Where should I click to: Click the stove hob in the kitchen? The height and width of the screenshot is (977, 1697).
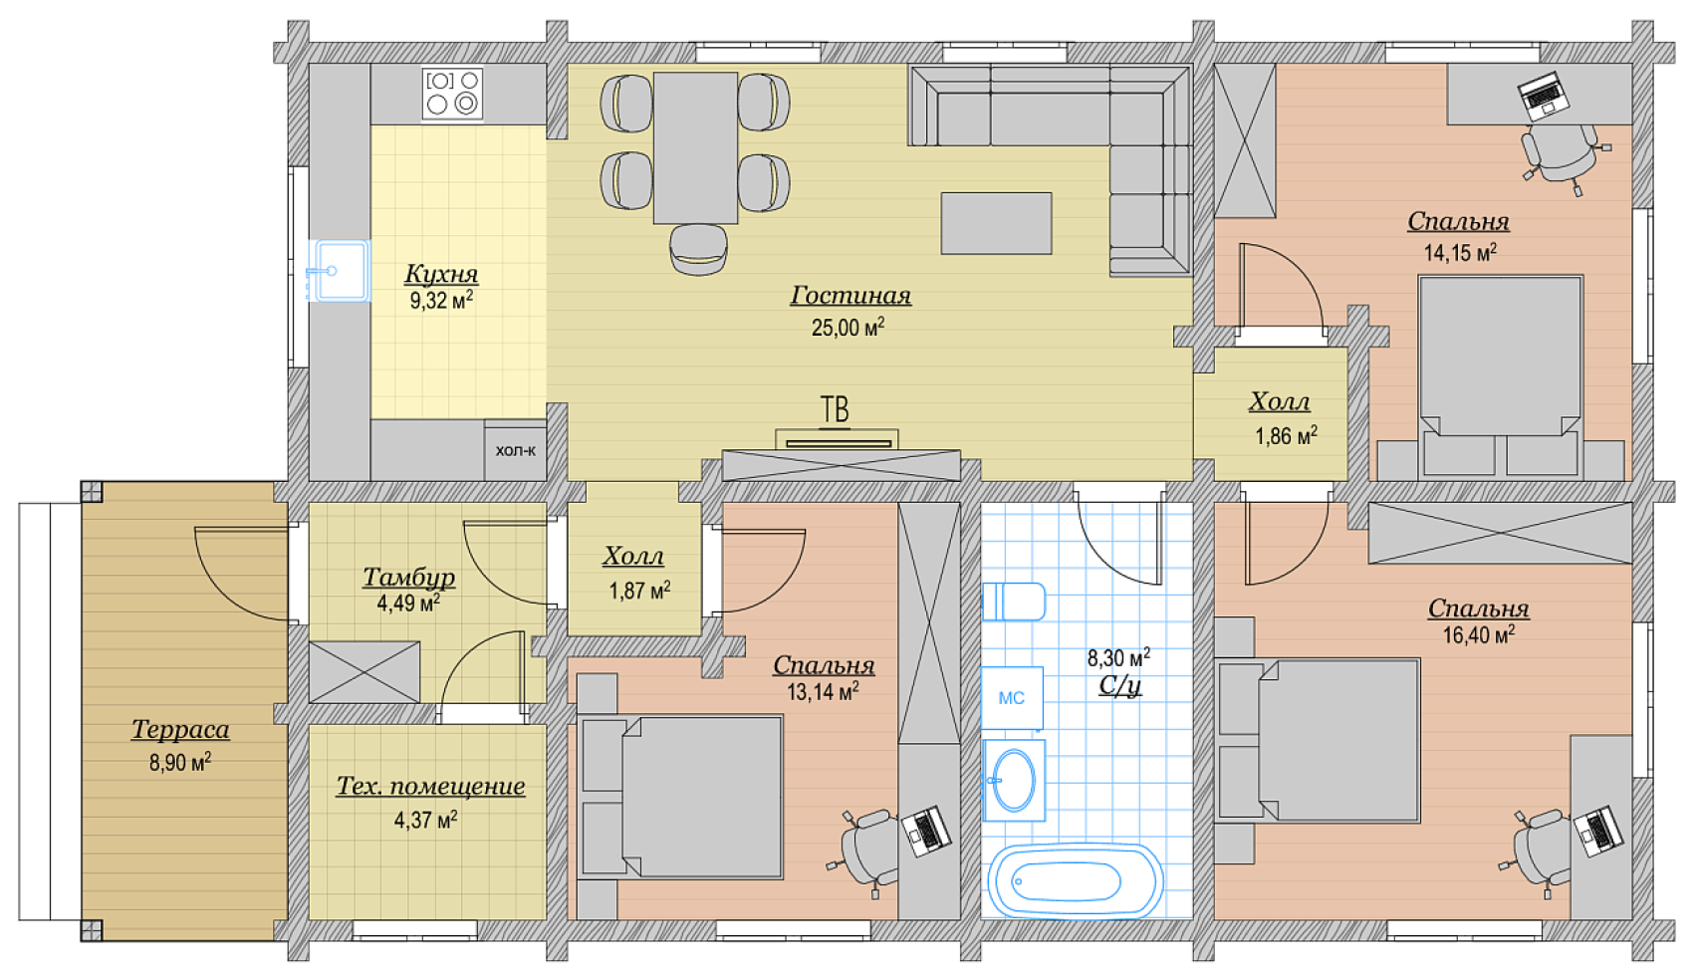452,94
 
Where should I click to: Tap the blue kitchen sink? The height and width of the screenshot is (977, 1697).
339,270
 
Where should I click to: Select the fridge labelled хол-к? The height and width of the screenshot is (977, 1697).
515,450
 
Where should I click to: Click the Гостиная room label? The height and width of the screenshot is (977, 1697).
850,295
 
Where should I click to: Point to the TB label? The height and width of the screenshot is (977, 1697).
835,409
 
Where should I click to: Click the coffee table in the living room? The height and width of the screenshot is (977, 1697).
996,223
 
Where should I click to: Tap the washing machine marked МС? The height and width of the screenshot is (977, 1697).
1012,697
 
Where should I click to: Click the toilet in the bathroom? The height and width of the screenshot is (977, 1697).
1014,602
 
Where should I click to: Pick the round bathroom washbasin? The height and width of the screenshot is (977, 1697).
1015,780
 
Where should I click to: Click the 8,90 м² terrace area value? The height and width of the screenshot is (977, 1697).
180,762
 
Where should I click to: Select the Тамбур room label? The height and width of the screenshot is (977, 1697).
409,577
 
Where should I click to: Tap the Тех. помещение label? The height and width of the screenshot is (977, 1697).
430,786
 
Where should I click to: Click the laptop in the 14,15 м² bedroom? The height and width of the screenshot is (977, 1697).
1544,96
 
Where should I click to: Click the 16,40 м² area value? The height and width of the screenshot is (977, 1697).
1478,634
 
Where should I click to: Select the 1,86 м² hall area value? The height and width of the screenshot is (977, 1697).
1287,435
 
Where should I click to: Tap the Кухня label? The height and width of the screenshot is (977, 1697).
441,273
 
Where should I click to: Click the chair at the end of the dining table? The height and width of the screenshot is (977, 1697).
698,248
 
